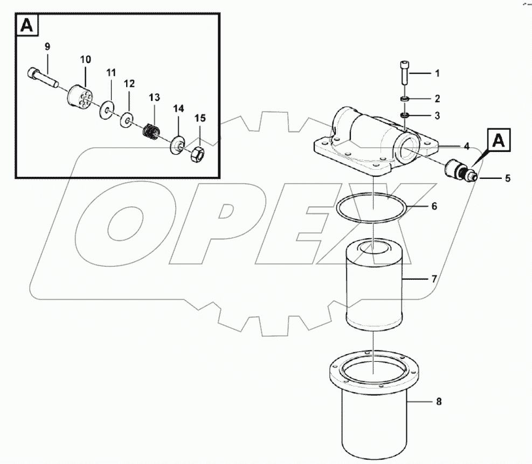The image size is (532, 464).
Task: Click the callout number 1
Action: click(x=437, y=72)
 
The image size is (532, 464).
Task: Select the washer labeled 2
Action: click(x=404, y=99)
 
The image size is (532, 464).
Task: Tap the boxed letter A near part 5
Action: click(x=499, y=141)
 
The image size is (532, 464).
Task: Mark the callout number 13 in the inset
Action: click(x=154, y=97)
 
